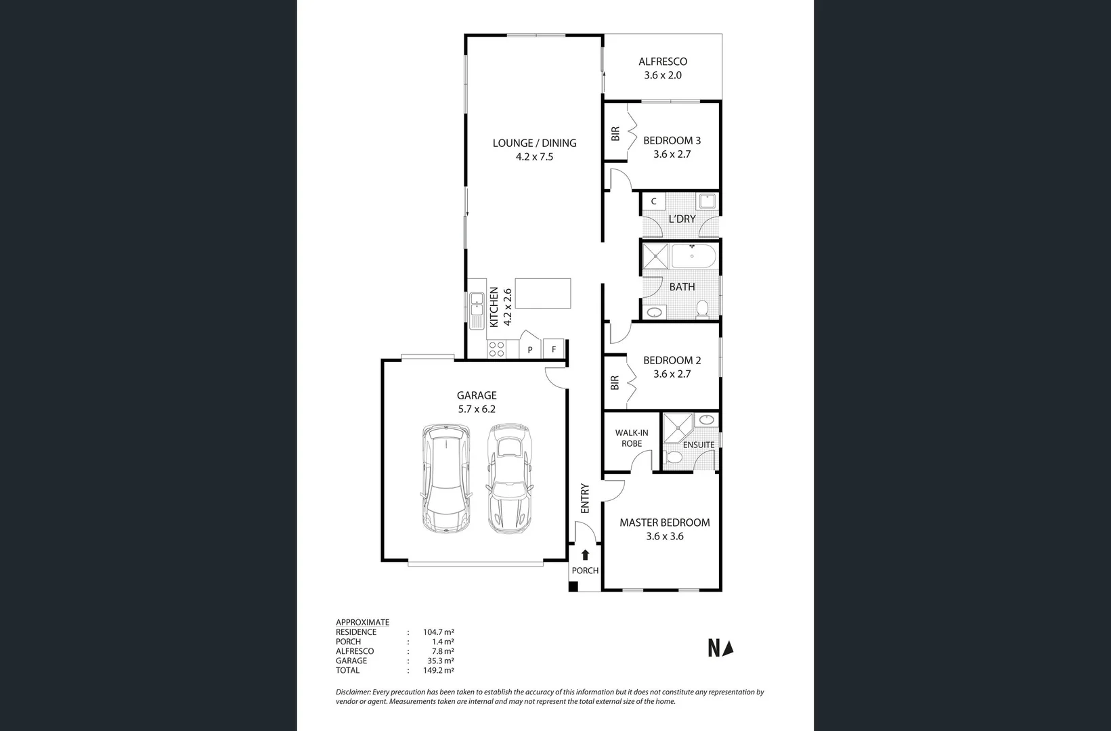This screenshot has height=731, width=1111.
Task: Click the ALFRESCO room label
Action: point(662,62)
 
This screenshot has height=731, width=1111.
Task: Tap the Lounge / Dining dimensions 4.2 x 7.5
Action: point(534,157)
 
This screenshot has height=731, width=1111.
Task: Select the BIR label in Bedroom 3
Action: point(615,134)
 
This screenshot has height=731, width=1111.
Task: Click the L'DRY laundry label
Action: point(682,219)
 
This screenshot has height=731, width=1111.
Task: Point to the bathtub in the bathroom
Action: point(693,257)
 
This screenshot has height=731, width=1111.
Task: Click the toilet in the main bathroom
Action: point(702,309)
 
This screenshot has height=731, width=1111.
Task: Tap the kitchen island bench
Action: point(542,293)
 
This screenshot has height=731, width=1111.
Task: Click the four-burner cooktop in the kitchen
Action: point(496,349)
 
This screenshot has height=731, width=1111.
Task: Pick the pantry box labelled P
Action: point(530,349)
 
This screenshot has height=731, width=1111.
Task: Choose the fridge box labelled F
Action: point(554,349)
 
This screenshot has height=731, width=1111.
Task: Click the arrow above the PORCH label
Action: point(585,554)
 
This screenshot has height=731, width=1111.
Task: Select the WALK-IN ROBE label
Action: point(631,438)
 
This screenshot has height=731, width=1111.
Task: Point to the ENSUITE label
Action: point(698,445)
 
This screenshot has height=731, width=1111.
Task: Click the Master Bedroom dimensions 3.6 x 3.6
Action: point(664,536)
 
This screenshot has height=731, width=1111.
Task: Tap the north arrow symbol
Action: point(728,648)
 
